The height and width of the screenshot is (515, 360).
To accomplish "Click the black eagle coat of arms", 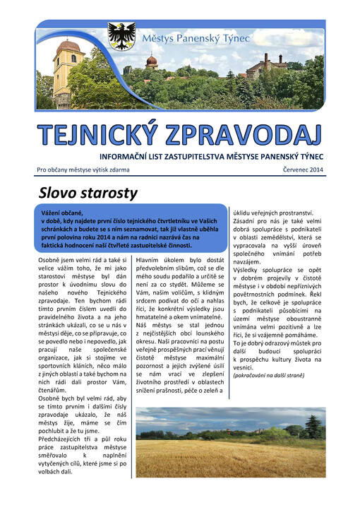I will [121, 36].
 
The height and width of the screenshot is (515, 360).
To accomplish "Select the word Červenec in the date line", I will [285, 170].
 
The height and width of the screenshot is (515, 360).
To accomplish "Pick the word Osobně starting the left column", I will [51, 261].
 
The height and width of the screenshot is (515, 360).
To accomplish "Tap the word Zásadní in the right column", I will [248, 222].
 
